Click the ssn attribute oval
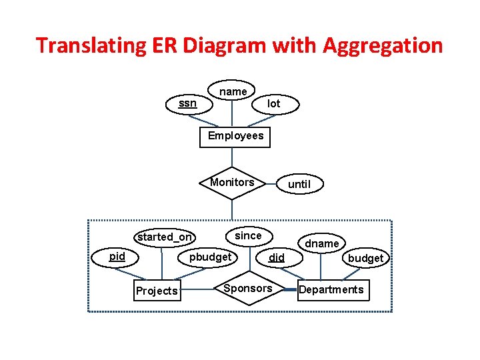click(188, 103)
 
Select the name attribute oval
click(233, 91)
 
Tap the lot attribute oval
click(273, 104)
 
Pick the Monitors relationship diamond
click(232, 183)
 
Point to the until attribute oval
click(299, 184)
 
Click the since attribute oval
click(248, 235)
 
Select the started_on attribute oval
click(165, 237)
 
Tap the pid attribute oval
click(117, 257)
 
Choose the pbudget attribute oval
click(210, 257)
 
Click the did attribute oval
click(276, 257)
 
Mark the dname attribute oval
click(321, 243)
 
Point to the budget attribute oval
click(365, 258)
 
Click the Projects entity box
click(157, 291)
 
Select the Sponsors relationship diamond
click(247, 289)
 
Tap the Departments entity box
click(331, 289)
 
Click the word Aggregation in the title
click(382, 45)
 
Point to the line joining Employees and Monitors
click(232, 157)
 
